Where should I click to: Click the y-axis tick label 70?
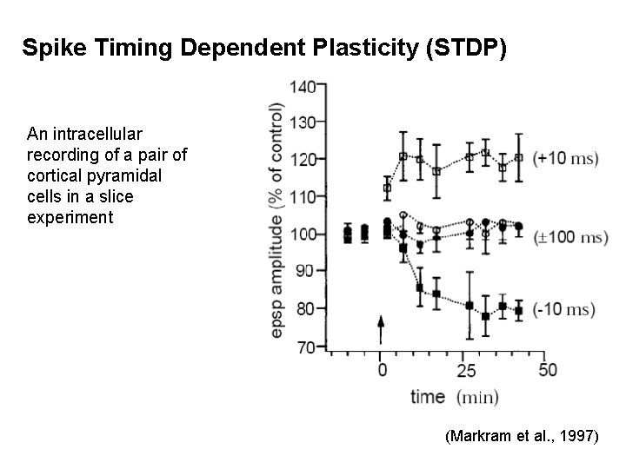point(305,347)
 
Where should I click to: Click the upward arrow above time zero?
point(380,331)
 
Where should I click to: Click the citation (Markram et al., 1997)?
point(521,438)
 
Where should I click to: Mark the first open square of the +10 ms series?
point(387,188)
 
